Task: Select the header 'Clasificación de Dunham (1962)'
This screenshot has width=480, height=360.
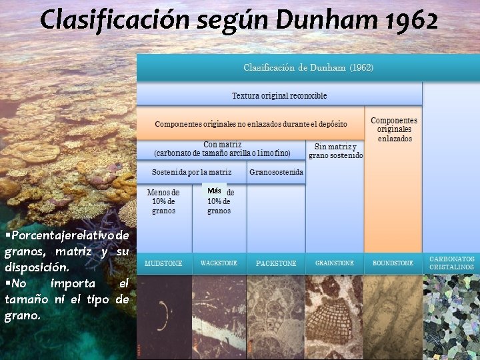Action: (308, 68)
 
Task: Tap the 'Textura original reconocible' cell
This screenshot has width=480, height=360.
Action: (279, 96)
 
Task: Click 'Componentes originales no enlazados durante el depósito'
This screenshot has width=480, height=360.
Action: (251, 124)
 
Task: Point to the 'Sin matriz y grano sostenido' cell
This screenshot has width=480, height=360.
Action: (335, 151)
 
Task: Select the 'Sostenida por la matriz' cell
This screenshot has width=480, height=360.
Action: (192, 172)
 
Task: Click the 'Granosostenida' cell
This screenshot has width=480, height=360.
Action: (276, 172)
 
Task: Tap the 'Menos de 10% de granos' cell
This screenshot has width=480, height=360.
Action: (163, 201)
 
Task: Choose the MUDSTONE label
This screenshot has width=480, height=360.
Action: (164, 263)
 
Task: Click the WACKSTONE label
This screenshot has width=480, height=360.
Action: (219, 263)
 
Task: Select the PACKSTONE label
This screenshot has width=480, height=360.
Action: (276, 263)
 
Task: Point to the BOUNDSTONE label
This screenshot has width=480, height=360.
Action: (393, 263)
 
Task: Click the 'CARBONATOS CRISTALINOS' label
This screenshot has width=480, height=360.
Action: (451, 263)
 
